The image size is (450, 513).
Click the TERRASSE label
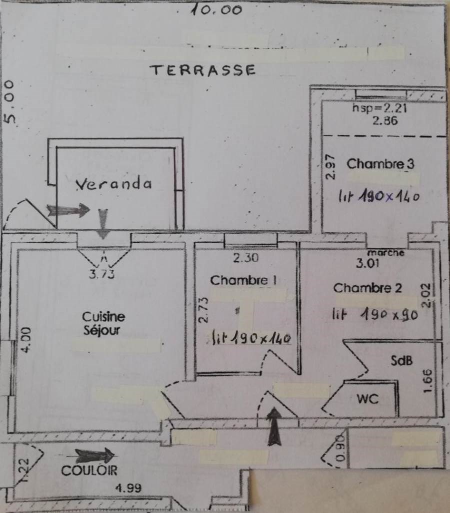(203, 70)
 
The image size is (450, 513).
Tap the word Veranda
(113, 184)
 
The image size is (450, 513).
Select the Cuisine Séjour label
(103, 323)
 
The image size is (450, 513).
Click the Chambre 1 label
(243, 281)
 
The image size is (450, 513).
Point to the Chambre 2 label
(367, 288)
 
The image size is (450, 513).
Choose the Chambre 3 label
(380, 164)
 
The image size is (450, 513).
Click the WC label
(367, 399)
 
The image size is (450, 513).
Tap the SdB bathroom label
(401, 360)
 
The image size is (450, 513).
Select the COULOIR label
(89, 470)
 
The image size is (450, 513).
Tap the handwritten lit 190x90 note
(375, 314)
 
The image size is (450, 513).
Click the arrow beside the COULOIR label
(94, 455)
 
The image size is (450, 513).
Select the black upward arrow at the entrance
(274, 427)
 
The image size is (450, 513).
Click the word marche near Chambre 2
(385, 253)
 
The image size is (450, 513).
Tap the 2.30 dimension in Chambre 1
(246, 259)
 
